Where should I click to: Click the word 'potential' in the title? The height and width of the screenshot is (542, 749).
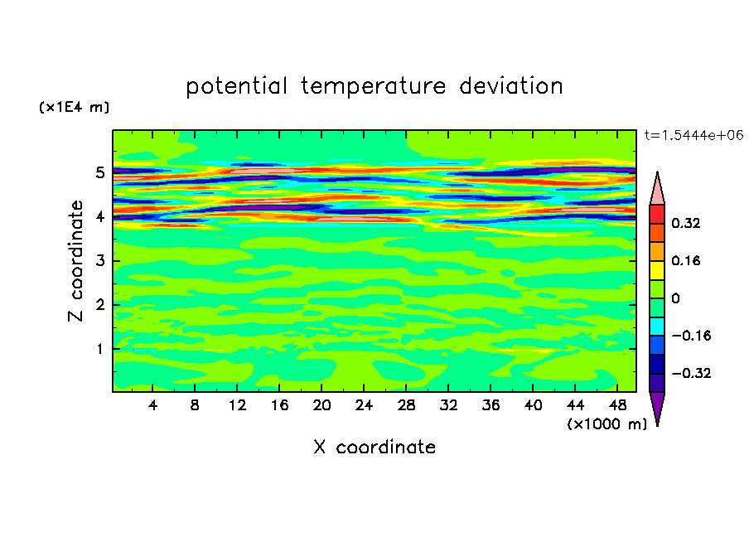(x=237, y=86)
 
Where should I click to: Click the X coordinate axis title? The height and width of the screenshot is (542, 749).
(x=374, y=448)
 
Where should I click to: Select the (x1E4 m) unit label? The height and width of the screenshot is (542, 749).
(x=74, y=108)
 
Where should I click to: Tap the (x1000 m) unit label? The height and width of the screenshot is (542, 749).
(x=606, y=424)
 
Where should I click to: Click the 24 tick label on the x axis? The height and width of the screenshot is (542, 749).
(x=364, y=406)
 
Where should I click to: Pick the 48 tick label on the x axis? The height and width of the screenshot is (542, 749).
(x=617, y=406)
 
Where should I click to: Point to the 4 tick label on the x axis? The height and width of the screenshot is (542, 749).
(x=152, y=406)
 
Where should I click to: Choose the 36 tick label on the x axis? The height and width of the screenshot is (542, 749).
(x=490, y=406)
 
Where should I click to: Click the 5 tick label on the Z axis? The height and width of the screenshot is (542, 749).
(x=100, y=173)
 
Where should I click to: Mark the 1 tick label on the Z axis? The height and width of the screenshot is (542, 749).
(x=100, y=349)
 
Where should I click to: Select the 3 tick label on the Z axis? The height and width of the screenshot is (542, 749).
(x=100, y=261)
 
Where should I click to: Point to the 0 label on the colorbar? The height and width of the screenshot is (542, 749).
(x=675, y=298)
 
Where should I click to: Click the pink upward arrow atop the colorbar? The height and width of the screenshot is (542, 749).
(x=657, y=189)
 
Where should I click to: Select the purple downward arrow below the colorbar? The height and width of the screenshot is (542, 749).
(x=657, y=408)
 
